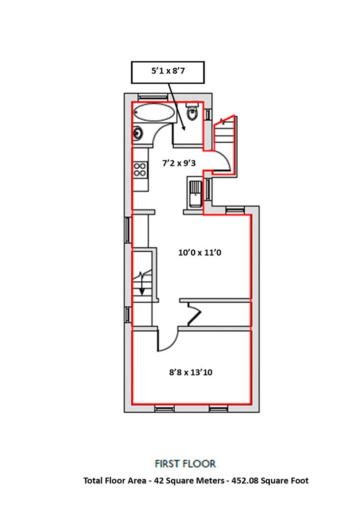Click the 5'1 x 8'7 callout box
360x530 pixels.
click(168, 72)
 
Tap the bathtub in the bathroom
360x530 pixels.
click(154, 112)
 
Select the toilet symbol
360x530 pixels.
click(192, 112)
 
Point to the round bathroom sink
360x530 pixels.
click(137, 133)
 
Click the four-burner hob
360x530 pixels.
click(140, 169)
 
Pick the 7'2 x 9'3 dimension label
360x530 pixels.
click(179, 163)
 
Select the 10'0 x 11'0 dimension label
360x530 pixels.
click(200, 253)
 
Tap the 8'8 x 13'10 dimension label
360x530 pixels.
click(191, 372)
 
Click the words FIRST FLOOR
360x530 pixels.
click(185, 463)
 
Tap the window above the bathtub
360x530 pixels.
click(153, 97)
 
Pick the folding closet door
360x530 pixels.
click(194, 314)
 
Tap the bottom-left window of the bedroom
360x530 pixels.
click(164, 409)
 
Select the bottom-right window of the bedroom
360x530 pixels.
click(218, 409)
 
